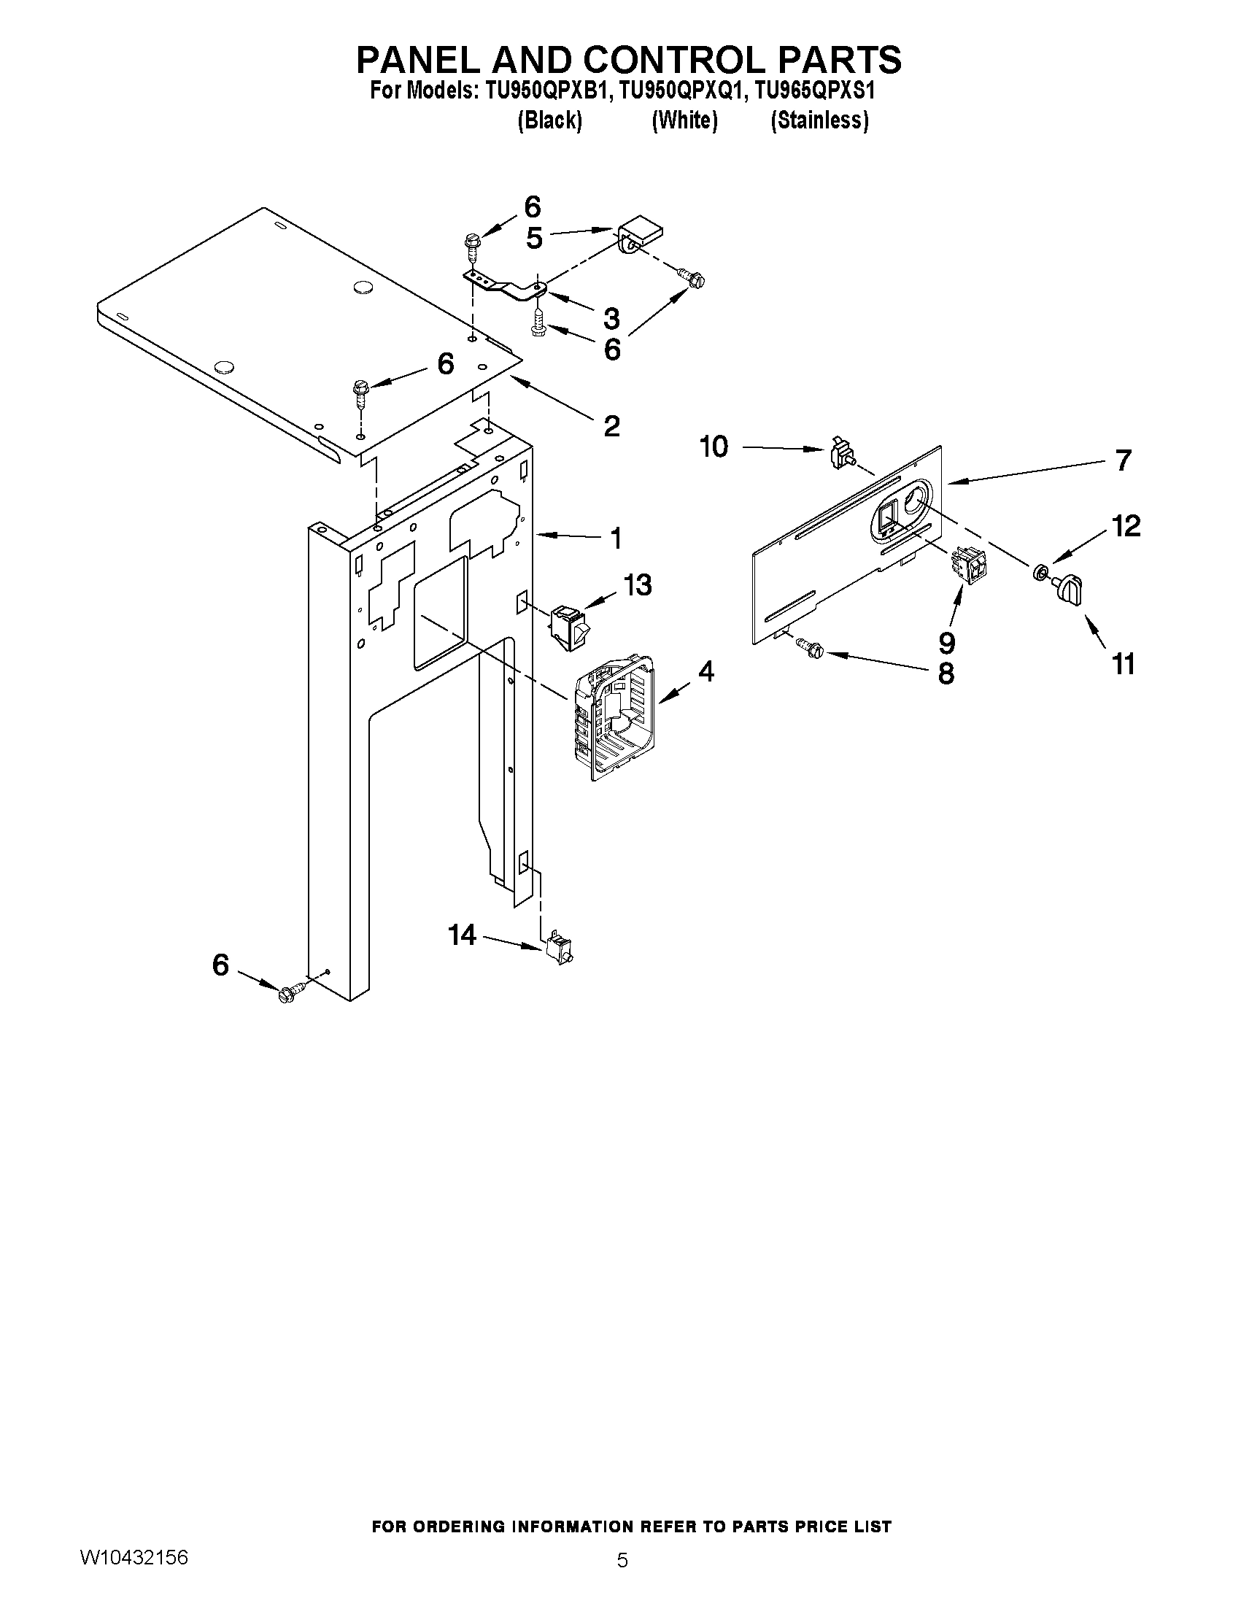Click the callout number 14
tap(463, 935)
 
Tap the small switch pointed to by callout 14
tap(561, 950)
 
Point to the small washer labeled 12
tap(1041, 571)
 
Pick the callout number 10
tap(714, 447)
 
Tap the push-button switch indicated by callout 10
tap(840, 454)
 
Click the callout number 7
tap(1123, 460)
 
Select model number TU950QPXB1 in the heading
tap(547, 90)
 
